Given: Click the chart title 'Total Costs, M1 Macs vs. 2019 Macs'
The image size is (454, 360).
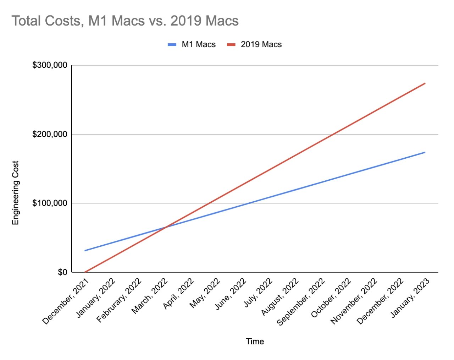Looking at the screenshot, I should tap(125, 21).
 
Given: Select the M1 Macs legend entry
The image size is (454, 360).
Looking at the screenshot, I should tap(198, 44).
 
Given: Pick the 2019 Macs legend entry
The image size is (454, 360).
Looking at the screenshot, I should tap(261, 44).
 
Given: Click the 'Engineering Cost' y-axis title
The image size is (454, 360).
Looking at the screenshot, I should tap(15, 192).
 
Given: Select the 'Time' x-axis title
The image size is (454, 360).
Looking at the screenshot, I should tap(255, 341).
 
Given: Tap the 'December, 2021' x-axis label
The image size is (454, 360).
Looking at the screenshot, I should tap(66, 301).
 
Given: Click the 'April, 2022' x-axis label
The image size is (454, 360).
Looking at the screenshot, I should tap(179, 293).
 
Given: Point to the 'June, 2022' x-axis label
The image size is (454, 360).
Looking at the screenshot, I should tap(231, 293).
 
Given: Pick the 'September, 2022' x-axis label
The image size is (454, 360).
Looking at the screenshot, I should tap(301, 302).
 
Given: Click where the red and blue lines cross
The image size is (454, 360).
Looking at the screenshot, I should tap(166, 227).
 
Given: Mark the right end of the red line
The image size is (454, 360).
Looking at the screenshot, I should tap(425, 83).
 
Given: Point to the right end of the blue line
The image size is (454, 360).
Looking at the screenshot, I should tap(425, 152).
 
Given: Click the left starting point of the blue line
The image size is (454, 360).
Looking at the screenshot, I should tap(85, 251).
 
